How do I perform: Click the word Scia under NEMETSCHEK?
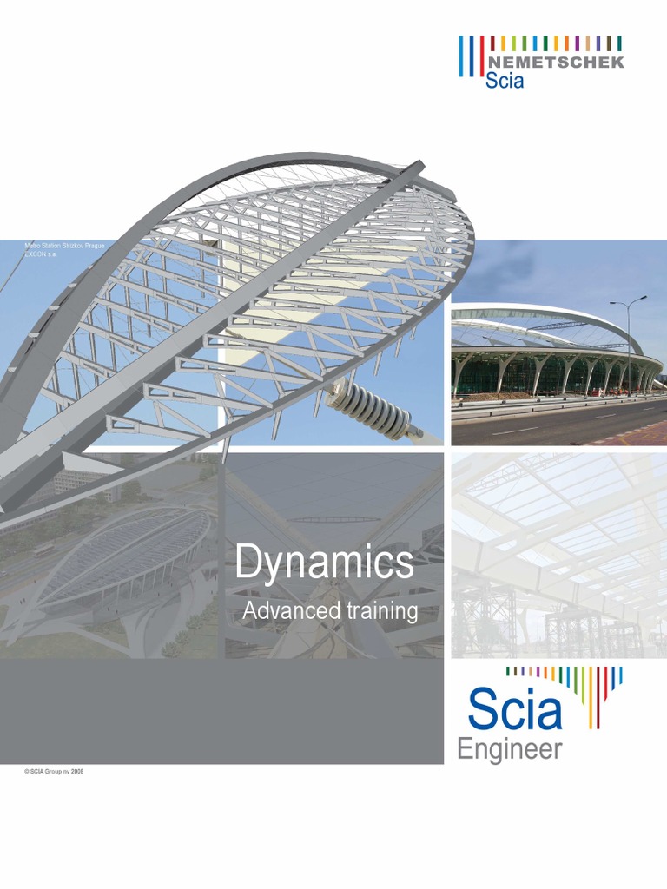505,82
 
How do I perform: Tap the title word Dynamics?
324,563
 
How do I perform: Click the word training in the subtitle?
383,612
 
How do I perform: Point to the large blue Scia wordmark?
515,709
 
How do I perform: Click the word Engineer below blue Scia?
510,749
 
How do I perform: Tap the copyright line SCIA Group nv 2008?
54,771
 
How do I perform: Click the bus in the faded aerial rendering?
43,549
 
